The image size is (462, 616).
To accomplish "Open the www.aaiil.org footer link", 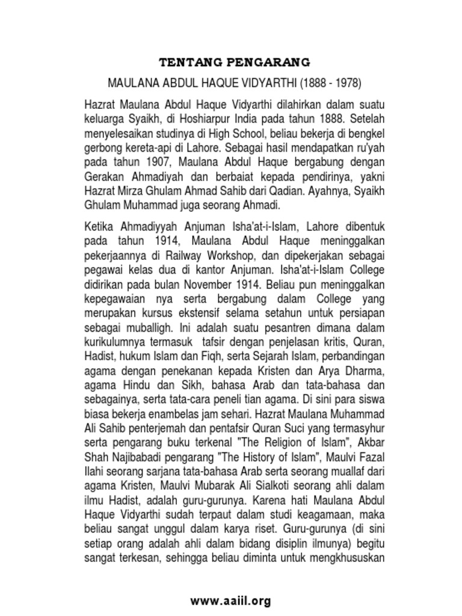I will point(230,600).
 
